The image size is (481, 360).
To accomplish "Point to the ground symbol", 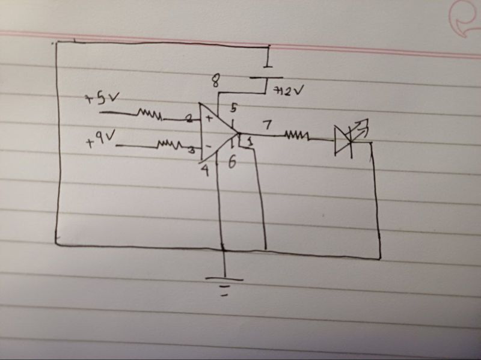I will (x=224, y=283).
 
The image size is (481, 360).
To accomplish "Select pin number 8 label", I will (x=215, y=80).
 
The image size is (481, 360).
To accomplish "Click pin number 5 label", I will (x=233, y=108).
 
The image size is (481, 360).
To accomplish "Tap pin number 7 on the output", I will (x=266, y=124).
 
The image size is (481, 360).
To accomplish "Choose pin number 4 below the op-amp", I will (x=204, y=170).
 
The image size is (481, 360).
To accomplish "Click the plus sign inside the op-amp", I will (x=209, y=118).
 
